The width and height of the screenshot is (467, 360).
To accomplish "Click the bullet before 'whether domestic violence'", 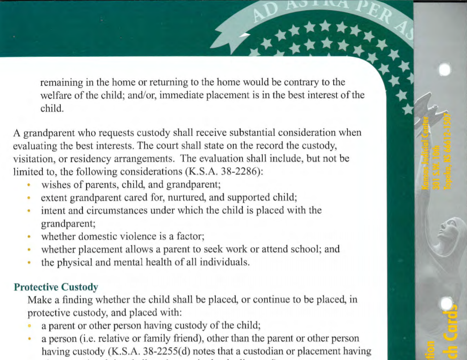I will point(29,237).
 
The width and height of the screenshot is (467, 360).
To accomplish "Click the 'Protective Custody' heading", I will point(56,287).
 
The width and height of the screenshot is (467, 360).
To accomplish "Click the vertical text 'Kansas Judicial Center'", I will point(426,152).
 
